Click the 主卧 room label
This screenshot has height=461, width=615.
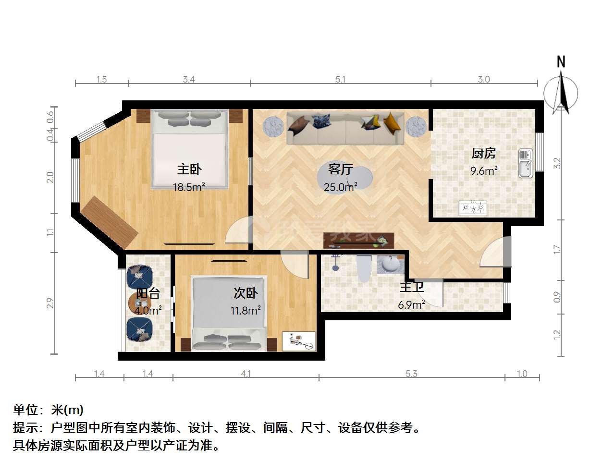(189, 170)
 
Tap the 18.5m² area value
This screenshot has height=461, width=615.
(189, 187)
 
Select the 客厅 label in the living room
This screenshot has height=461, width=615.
(341, 170)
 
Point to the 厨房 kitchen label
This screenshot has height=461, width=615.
(484, 153)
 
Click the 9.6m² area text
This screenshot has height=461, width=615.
(484, 170)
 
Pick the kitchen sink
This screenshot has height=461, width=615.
(525, 163)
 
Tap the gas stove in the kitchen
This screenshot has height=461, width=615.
(473, 208)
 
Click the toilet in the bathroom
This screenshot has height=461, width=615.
(364, 268)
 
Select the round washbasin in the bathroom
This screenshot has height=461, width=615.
(390, 264)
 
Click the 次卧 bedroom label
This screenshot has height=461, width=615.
(246, 293)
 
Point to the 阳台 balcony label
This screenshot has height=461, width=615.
(148, 293)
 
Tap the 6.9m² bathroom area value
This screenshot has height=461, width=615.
(411, 304)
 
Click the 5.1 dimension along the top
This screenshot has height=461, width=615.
(340, 80)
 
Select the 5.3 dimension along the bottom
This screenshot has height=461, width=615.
(411, 374)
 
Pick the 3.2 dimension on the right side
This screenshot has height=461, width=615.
(557, 163)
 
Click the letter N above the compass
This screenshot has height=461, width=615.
(561, 62)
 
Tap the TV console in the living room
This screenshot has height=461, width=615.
(358, 241)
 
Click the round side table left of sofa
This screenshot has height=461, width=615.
(273, 126)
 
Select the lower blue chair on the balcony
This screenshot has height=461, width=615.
(139, 330)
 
